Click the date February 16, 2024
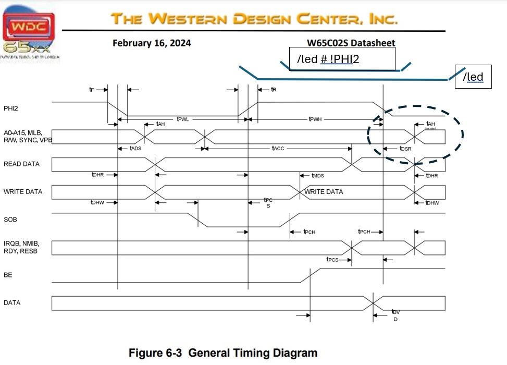[x=152, y=43]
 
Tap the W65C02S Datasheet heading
[x=351, y=43]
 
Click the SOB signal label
[x=10, y=220]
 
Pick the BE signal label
[x=8, y=274]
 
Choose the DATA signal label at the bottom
[x=13, y=302]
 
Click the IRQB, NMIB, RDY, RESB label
[x=21, y=247]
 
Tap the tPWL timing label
[x=182, y=119]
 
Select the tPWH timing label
[x=315, y=119]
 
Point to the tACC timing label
[x=278, y=149]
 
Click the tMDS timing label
[x=318, y=176]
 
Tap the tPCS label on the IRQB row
[x=332, y=259]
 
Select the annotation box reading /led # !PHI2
[x=342, y=59]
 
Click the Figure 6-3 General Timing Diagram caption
[x=223, y=353]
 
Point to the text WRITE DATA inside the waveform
[x=324, y=192]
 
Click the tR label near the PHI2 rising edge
[x=273, y=90]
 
